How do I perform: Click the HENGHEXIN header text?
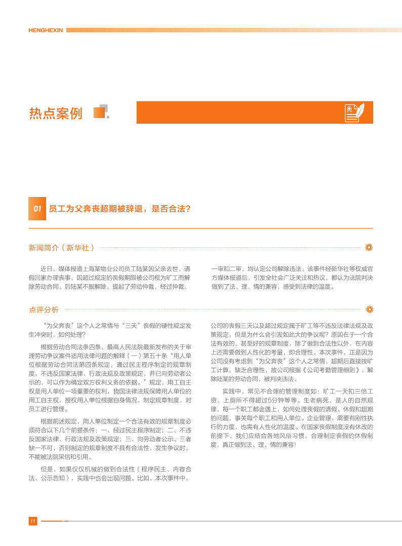point(46,30)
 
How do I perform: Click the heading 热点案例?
point(56,113)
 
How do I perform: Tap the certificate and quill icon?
point(357,112)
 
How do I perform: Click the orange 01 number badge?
point(37,209)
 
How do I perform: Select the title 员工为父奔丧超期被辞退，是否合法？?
point(120,209)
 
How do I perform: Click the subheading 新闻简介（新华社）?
point(62,248)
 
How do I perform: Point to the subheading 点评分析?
point(44,309)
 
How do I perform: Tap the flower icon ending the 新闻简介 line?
point(369,248)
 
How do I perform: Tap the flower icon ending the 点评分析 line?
point(369,309)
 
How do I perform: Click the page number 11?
point(32,521)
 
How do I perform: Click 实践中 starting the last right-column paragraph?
point(231,392)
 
